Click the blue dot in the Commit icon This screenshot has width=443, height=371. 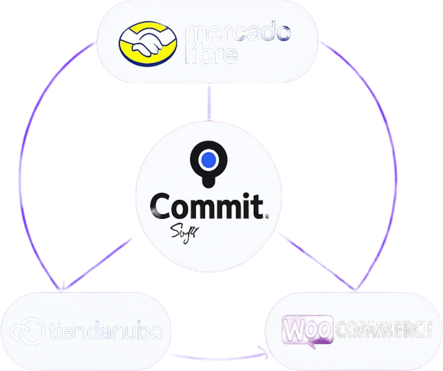[209, 160]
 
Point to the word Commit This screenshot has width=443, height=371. [205, 206]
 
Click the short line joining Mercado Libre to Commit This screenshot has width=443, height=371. [209, 103]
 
